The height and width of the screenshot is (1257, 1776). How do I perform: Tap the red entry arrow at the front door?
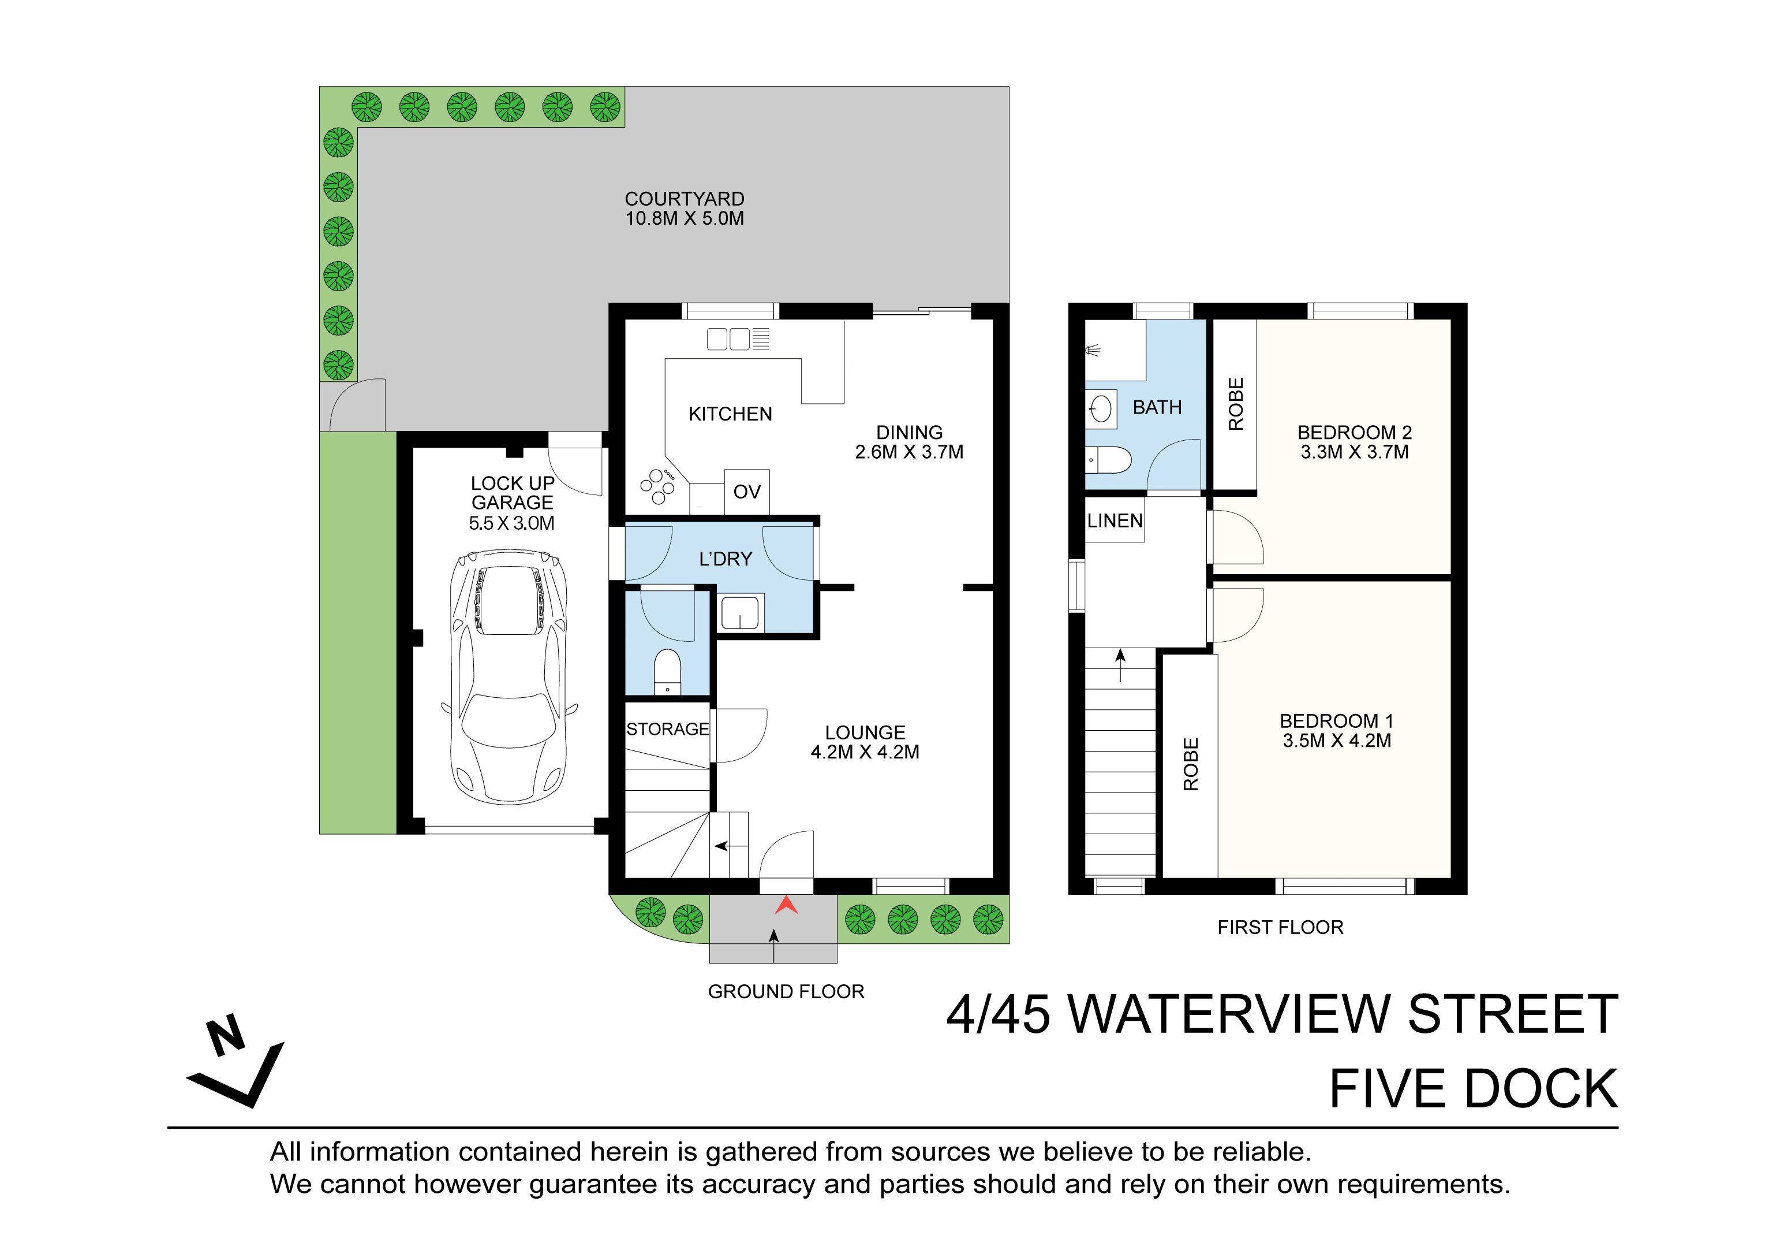point(786,905)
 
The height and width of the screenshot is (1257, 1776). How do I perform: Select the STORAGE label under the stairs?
point(668,729)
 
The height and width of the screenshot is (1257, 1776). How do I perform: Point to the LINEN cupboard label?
point(1115,521)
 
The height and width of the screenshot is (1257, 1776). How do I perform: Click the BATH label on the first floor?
point(1157,407)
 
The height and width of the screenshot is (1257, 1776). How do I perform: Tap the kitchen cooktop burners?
point(657,486)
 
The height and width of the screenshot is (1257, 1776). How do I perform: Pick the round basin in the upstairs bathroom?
point(1101,408)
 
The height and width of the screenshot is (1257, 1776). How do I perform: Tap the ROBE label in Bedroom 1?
point(1191,764)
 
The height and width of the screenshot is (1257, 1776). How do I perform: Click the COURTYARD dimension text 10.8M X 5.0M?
point(685,218)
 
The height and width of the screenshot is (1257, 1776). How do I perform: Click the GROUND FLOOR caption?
point(786,991)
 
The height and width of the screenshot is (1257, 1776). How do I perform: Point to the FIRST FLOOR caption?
point(1280,927)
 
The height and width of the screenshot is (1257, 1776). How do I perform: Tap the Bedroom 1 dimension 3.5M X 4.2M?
point(1337,741)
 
